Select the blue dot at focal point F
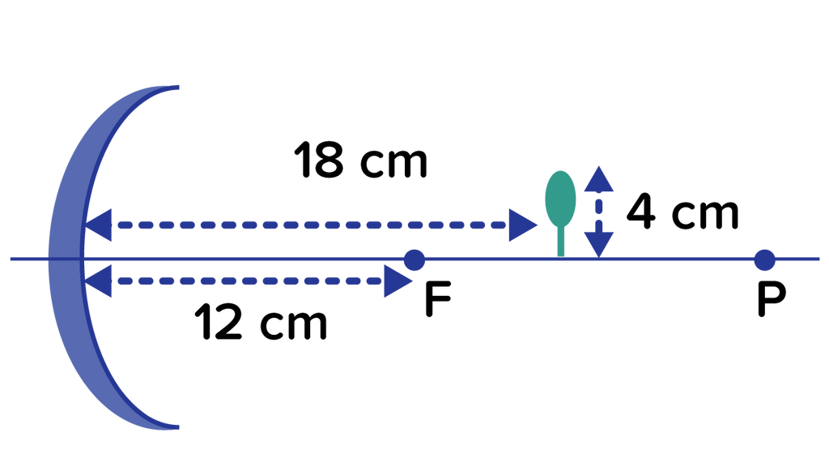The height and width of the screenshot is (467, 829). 414,260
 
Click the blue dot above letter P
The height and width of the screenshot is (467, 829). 763,260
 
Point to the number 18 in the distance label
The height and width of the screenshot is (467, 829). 322,161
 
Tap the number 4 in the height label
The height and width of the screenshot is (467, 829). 641,214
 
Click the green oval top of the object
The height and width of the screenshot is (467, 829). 560,197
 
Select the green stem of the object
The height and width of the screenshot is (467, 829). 560,242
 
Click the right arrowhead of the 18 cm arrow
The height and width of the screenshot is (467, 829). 523,225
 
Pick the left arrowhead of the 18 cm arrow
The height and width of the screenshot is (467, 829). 98,225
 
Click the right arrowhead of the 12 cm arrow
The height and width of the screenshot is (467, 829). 398,281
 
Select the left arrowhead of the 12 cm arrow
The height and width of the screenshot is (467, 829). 98,281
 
